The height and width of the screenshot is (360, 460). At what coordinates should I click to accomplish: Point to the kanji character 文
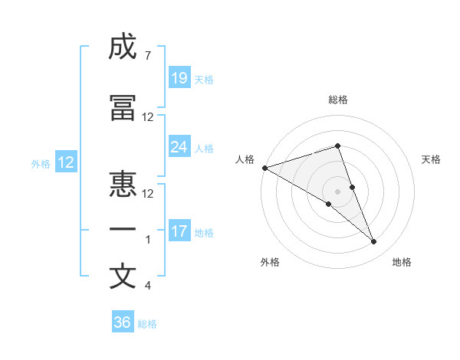[123, 277]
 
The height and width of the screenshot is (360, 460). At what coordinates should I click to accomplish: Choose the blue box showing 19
[179, 78]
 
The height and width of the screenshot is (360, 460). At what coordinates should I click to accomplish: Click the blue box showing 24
[179, 147]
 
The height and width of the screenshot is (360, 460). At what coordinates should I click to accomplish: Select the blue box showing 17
[179, 231]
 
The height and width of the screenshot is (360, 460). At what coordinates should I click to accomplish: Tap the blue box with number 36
[123, 322]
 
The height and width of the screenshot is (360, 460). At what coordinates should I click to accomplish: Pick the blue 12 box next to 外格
[66, 162]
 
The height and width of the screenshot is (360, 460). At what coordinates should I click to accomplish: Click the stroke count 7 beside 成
[147, 56]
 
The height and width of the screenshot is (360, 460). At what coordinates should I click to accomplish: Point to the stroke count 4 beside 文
[147, 286]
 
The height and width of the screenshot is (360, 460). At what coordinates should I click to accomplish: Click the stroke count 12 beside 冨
[148, 117]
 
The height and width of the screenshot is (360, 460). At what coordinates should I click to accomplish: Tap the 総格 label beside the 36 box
[147, 324]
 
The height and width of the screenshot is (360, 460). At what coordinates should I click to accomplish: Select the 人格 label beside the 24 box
[204, 148]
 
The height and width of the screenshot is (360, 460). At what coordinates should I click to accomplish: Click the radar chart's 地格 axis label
[402, 262]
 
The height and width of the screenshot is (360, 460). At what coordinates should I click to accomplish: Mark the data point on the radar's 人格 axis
[264, 168]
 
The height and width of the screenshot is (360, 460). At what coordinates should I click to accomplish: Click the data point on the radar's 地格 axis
[374, 242]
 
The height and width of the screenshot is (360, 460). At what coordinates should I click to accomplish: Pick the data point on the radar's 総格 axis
[337, 146]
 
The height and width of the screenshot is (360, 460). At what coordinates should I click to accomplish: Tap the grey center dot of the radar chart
[337, 190]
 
